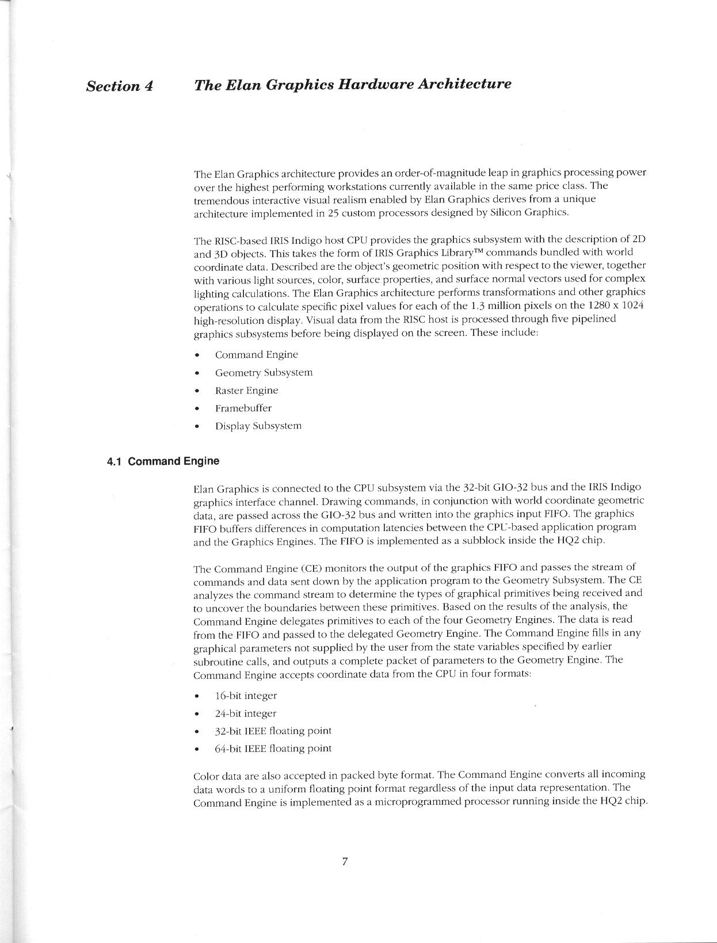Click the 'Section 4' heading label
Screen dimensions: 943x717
click(x=119, y=86)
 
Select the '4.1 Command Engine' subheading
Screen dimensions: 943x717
click(x=163, y=461)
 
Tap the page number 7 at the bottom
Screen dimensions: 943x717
click(x=345, y=861)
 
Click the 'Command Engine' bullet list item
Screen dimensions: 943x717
click(x=256, y=354)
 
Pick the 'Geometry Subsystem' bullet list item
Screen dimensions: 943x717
click(x=264, y=372)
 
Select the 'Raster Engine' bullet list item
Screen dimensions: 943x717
click(x=246, y=390)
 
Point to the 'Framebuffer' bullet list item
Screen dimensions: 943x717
click(x=243, y=408)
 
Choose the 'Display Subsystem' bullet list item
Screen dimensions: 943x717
click(x=258, y=426)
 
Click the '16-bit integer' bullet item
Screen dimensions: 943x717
click(x=246, y=696)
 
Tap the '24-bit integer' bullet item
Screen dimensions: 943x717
click(x=246, y=713)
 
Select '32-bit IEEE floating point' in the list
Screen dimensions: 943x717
click(x=273, y=731)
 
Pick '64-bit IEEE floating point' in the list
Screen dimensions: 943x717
click(x=273, y=749)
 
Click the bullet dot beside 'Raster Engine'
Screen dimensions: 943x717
click(x=197, y=391)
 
